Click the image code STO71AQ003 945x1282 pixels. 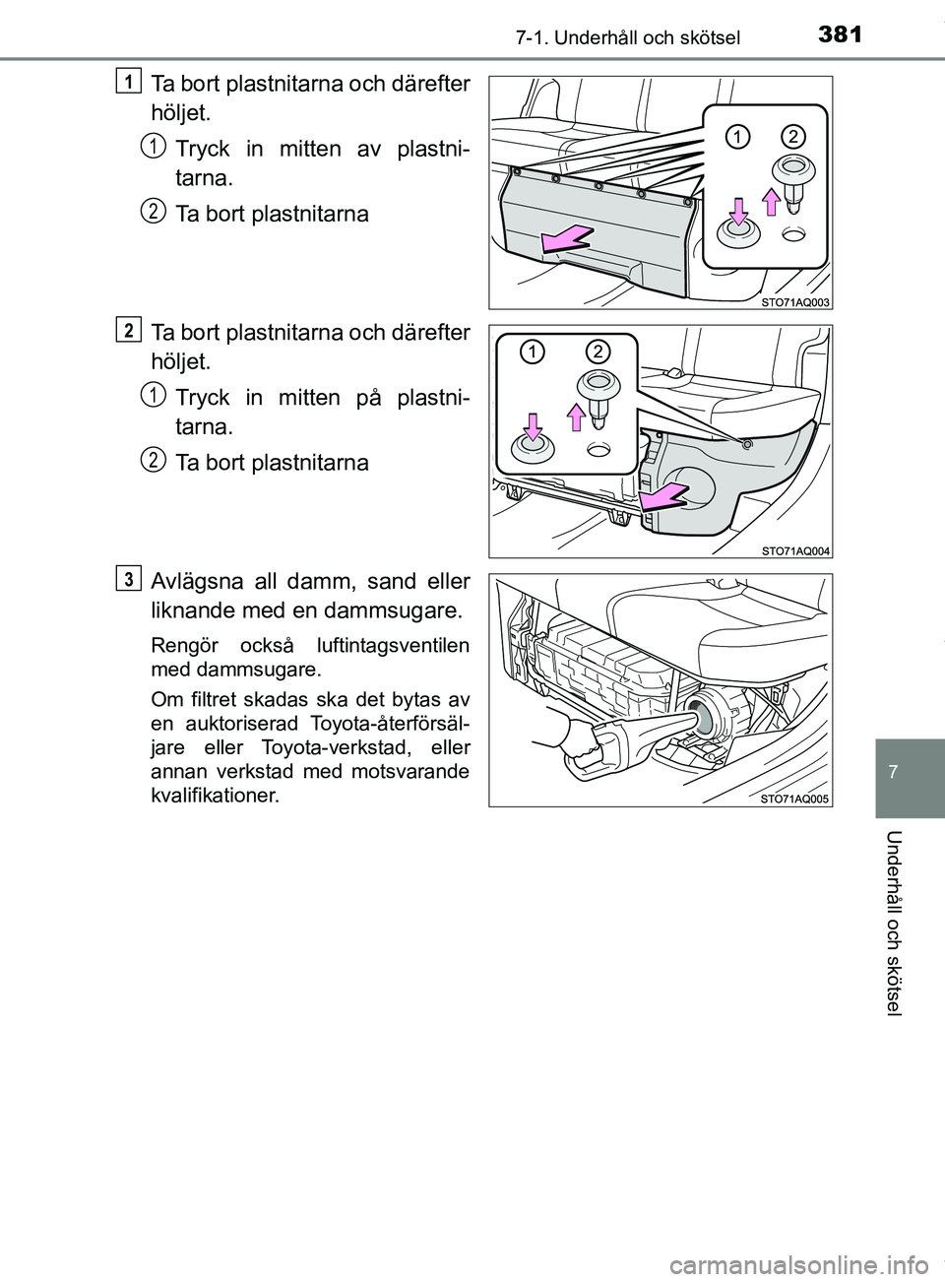click(x=795, y=301)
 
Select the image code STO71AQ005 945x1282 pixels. click(x=795, y=799)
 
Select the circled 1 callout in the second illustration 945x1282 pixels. click(x=532, y=352)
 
